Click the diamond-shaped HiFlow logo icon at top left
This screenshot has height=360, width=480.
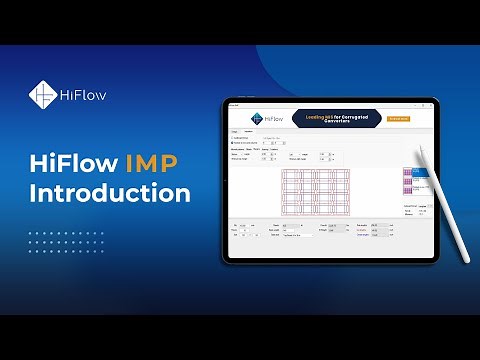coord(42,95)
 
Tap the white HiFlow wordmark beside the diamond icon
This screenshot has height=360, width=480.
coord(82,95)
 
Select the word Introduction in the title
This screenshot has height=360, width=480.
coord(109,192)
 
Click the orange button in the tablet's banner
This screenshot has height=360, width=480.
coord(399,118)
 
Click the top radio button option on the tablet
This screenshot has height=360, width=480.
coord(233,138)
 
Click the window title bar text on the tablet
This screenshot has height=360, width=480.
coord(236,106)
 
